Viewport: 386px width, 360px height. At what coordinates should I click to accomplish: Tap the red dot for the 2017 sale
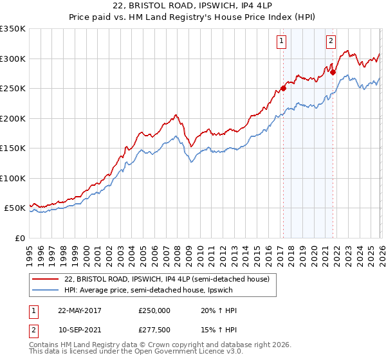[283, 89]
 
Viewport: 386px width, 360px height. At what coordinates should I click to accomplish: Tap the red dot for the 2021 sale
[333, 73]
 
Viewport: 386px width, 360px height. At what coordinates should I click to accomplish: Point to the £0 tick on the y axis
[19, 238]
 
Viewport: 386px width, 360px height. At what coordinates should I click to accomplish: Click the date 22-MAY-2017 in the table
[80, 310]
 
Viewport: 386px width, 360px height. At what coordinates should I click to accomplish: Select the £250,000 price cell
[154, 310]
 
